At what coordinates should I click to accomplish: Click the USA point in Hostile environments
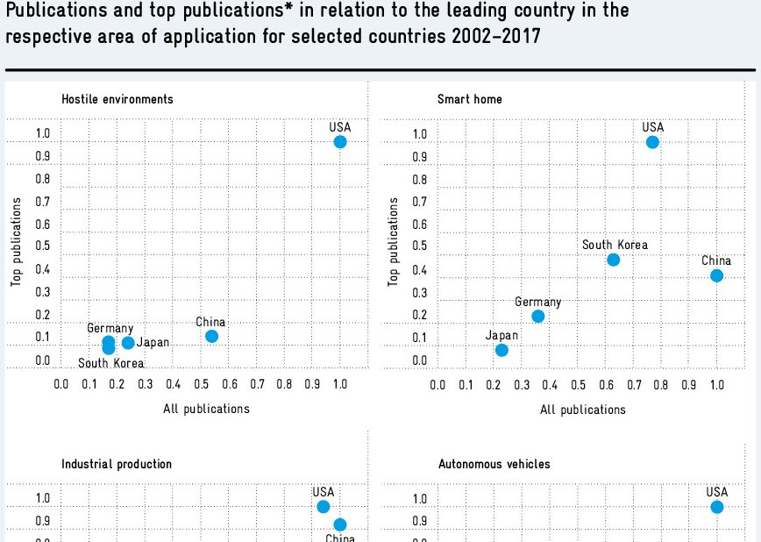(x=340, y=142)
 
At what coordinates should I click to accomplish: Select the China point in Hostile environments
(x=211, y=336)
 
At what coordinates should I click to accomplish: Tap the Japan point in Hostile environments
(x=128, y=343)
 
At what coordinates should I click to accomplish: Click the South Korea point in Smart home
(x=614, y=260)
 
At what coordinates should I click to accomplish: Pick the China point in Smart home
(x=716, y=275)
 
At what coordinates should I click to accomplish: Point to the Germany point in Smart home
(x=538, y=316)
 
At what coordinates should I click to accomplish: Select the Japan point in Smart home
(x=501, y=350)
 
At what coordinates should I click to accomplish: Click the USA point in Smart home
(x=652, y=142)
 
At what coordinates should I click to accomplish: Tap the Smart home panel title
(x=470, y=99)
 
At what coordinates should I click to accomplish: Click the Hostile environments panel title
(x=117, y=99)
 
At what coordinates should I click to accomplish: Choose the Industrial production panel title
(x=117, y=464)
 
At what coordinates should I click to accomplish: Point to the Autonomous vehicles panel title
(x=494, y=464)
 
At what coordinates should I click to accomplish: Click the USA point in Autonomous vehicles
(x=717, y=507)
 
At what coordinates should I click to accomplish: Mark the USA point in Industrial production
(x=324, y=507)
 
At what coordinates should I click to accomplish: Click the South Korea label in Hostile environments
(x=111, y=364)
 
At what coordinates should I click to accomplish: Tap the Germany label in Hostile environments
(x=110, y=329)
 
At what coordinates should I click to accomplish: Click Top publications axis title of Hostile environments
(x=17, y=242)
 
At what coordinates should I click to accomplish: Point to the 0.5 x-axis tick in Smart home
(x=578, y=384)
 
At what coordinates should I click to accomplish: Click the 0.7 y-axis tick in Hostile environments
(x=42, y=202)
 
